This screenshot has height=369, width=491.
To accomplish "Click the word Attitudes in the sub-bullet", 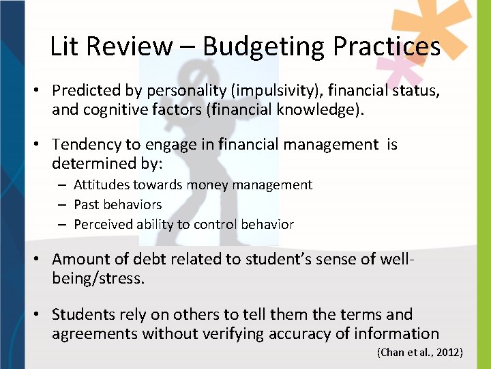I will pos(102,184).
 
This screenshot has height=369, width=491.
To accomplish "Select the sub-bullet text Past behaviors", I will pos(117,204).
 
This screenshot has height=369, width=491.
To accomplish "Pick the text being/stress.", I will pos(98,277).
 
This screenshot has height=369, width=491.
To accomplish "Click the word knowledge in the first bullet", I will pos(323,109).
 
